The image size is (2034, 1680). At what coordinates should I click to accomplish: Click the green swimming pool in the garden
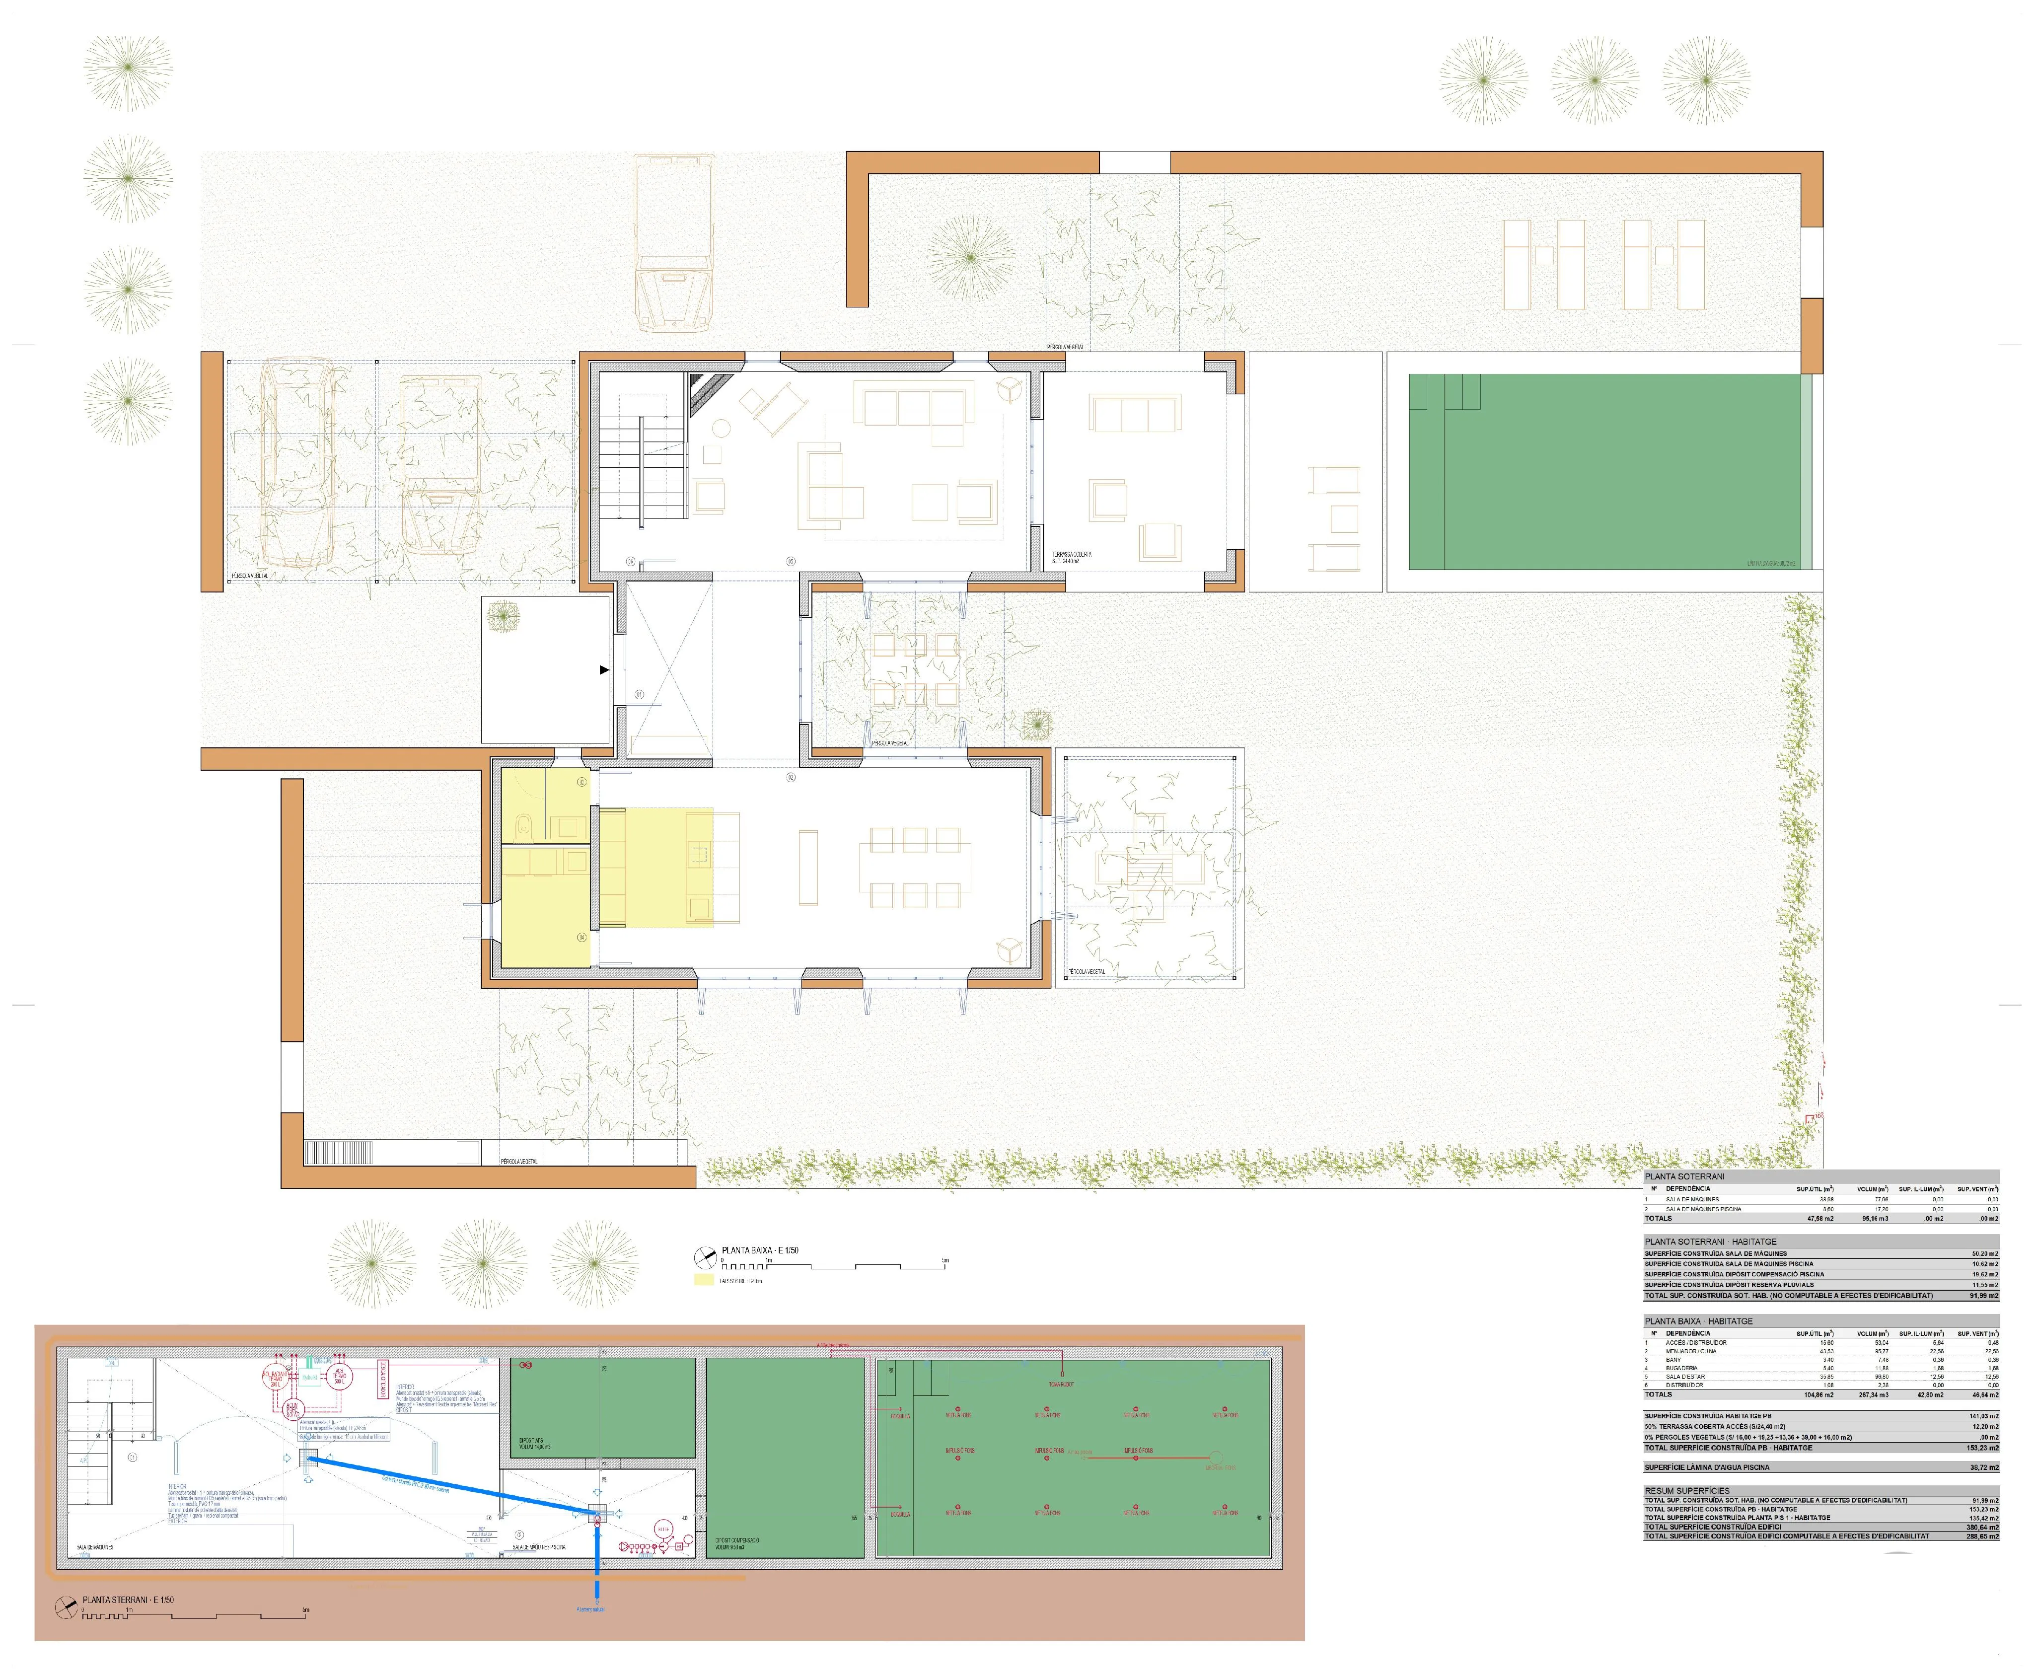1606,471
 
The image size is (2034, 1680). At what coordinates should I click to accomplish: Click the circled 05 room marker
791,560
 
